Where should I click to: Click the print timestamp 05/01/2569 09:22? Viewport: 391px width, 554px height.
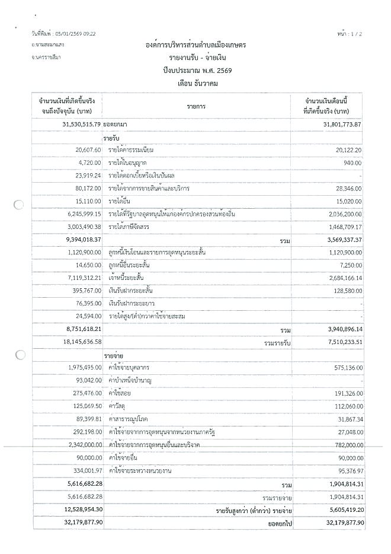[x=72, y=34]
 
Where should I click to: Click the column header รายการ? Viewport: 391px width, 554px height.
[x=198, y=105]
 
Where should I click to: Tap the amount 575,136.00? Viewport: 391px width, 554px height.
[x=344, y=368]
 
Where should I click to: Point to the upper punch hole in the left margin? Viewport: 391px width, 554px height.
[x=19, y=206]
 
